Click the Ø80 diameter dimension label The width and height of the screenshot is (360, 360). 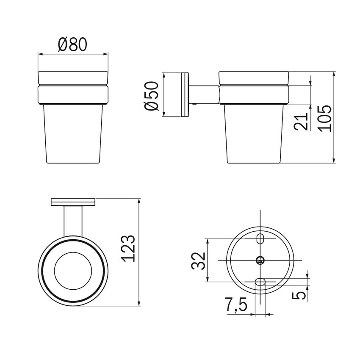click(72, 44)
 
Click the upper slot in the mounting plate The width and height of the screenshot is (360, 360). click(261, 238)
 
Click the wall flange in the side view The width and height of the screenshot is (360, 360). click(184, 95)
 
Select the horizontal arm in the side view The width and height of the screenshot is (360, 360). click(204, 94)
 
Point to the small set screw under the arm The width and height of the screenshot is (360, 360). click(193, 104)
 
